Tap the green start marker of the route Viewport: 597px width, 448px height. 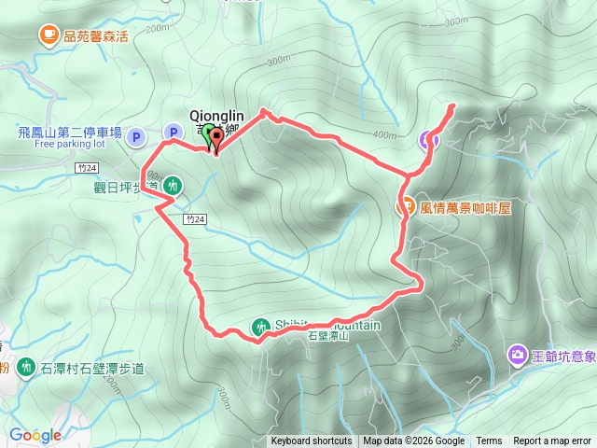(208, 134)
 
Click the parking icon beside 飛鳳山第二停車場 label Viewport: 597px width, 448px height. (136, 136)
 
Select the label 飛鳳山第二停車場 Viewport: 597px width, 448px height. (70, 133)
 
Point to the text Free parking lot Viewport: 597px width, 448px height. (70, 145)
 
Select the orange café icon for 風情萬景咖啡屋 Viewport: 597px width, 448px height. (406, 207)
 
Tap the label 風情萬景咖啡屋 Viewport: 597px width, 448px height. (466, 207)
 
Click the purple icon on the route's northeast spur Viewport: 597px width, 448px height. (428, 140)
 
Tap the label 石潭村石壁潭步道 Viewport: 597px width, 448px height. (92, 369)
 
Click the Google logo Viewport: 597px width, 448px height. (35, 435)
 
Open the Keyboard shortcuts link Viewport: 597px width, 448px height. (312, 441)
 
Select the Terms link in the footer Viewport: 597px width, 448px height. (489, 441)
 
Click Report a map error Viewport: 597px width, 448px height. (553, 441)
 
